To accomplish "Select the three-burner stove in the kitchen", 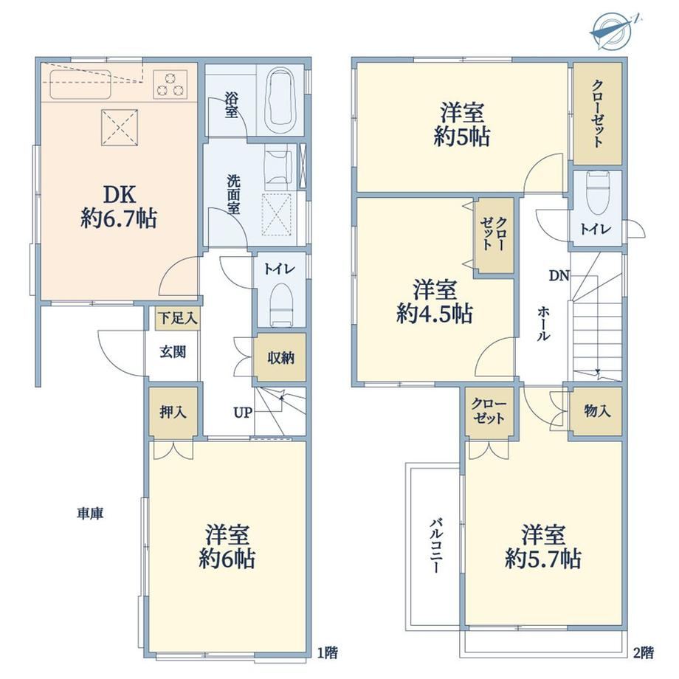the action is (x=170, y=84).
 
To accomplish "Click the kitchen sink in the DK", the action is (x=81, y=84).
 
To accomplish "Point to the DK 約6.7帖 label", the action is (x=118, y=206).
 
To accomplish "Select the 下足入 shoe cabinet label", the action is (x=178, y=318).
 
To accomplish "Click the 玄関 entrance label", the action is (x=173, y=352).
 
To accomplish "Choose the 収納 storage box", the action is (x=280, y=358).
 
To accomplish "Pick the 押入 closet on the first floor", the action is (x=173, y=412).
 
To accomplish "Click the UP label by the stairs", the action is (x=243, y=413).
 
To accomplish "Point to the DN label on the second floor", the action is (x=559, y=275).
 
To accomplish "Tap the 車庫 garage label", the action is (x=90, y=514).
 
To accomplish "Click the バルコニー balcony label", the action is (x=436, y=546).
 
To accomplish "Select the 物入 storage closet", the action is (x=596, y=412).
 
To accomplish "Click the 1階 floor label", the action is (x=328, y=652).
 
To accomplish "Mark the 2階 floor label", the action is (x=644, y=652).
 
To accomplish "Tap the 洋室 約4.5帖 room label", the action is (x=434, y=303).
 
